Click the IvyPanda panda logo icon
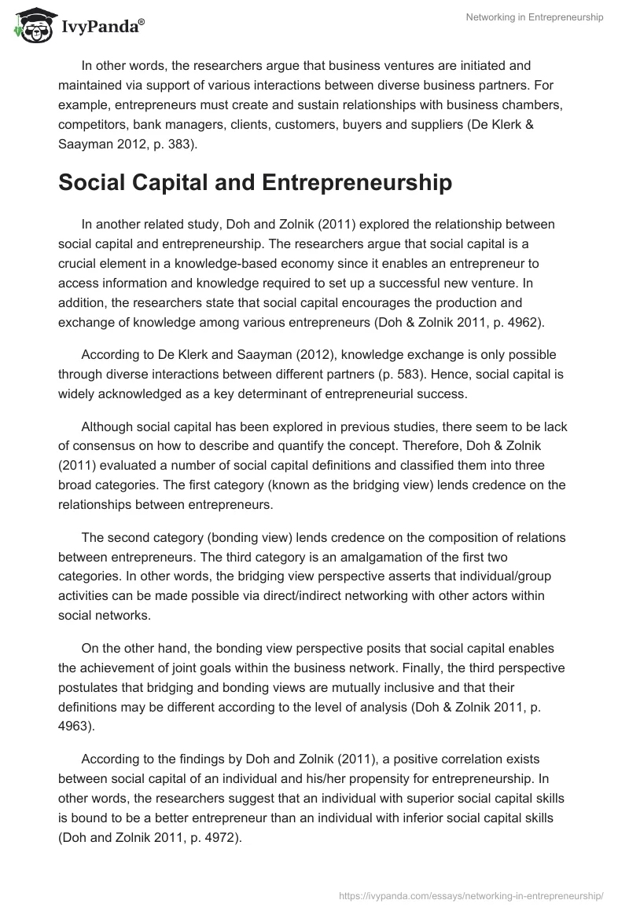[29, 26]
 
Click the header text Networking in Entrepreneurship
[534, 18]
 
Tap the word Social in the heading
[93, 183]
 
